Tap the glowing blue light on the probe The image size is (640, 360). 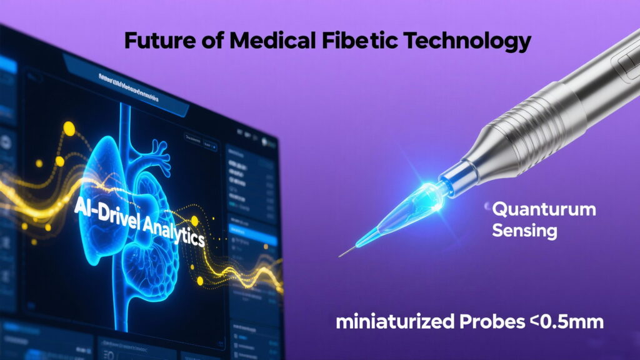pos(430,190)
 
